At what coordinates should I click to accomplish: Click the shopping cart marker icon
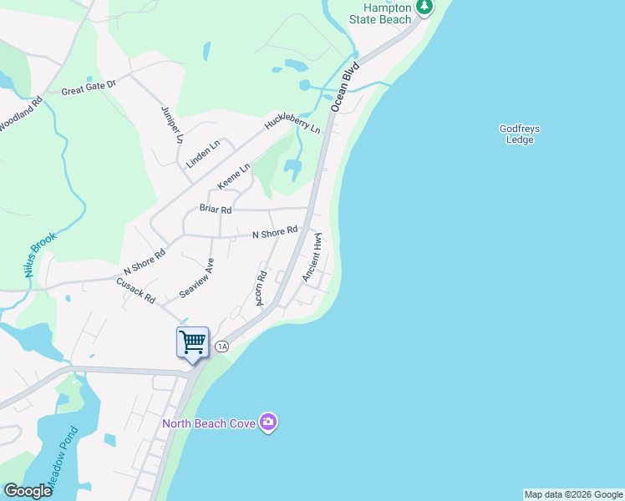[192, 342]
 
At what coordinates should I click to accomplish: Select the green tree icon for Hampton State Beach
[425, 6]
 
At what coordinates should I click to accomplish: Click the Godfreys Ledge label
[520, 134]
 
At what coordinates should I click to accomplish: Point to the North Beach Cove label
[208, 423]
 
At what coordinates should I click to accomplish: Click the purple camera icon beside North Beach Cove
[268, 423]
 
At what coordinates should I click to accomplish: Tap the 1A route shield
[221, 346]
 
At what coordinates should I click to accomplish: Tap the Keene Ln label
[234, 176]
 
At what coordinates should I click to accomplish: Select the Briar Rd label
[215, 209]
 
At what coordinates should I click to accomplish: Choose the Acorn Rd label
[262, 288]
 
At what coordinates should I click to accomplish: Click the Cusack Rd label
[136, 291]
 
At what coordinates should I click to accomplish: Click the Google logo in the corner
[28, 491]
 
